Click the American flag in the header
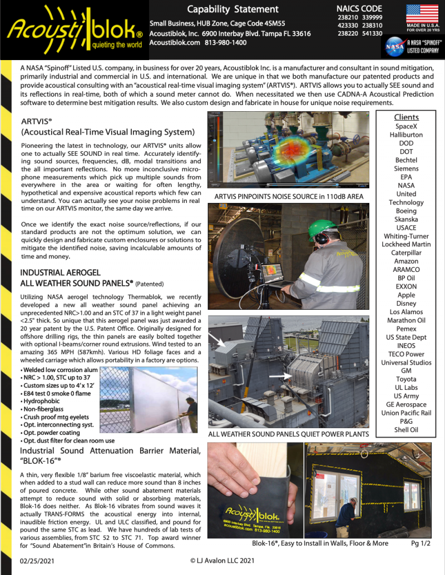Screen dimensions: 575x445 pyautogui.click(x=422, y=13)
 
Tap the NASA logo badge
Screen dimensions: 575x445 pyautogui.click(x=396, y=46)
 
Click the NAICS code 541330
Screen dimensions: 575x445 pyautogui.click(x=372, y=33)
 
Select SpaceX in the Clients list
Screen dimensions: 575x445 pyautogui.click(x=406, y=126)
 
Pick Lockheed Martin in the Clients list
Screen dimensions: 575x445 pyautogui.click(x=406, y=245)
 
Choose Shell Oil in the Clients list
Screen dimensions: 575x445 pyautogui.click(x=406, y=430)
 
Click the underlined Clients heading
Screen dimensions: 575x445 pyautogui.click(x=406, y=117)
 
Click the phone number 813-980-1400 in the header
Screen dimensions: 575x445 pyautogui.click(x=225, y=43)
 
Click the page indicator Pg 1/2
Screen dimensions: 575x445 pyautogui.click(x=421, y=543)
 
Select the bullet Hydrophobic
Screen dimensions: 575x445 pyautogui.click(x=41, y=399)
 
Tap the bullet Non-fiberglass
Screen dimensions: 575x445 pyautogui.click(x=43, y=408)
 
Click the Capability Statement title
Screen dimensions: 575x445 pyautogui.click(x=233, y=9)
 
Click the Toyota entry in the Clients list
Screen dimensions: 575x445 pyautogui.click(x=406, y=379)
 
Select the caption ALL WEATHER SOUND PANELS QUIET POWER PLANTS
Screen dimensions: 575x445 pyautogui.click(x=288, y=434)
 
